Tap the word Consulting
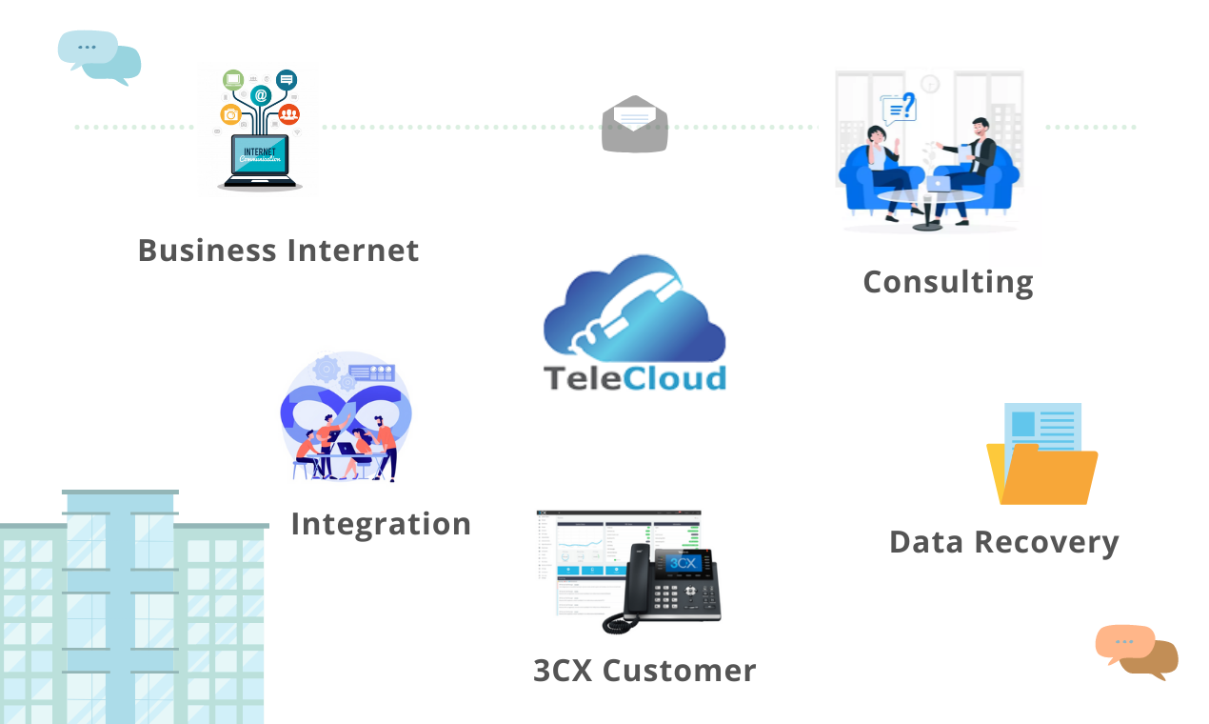947,283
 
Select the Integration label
381,524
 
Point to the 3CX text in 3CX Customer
563,671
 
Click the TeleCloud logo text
635,377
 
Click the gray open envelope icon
634,125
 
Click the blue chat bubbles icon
99,56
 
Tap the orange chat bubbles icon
1137,652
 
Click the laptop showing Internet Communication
260,160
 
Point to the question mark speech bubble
899,108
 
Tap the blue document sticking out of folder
1042,425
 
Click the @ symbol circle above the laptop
260,95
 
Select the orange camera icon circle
230,115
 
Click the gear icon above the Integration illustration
327,368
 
